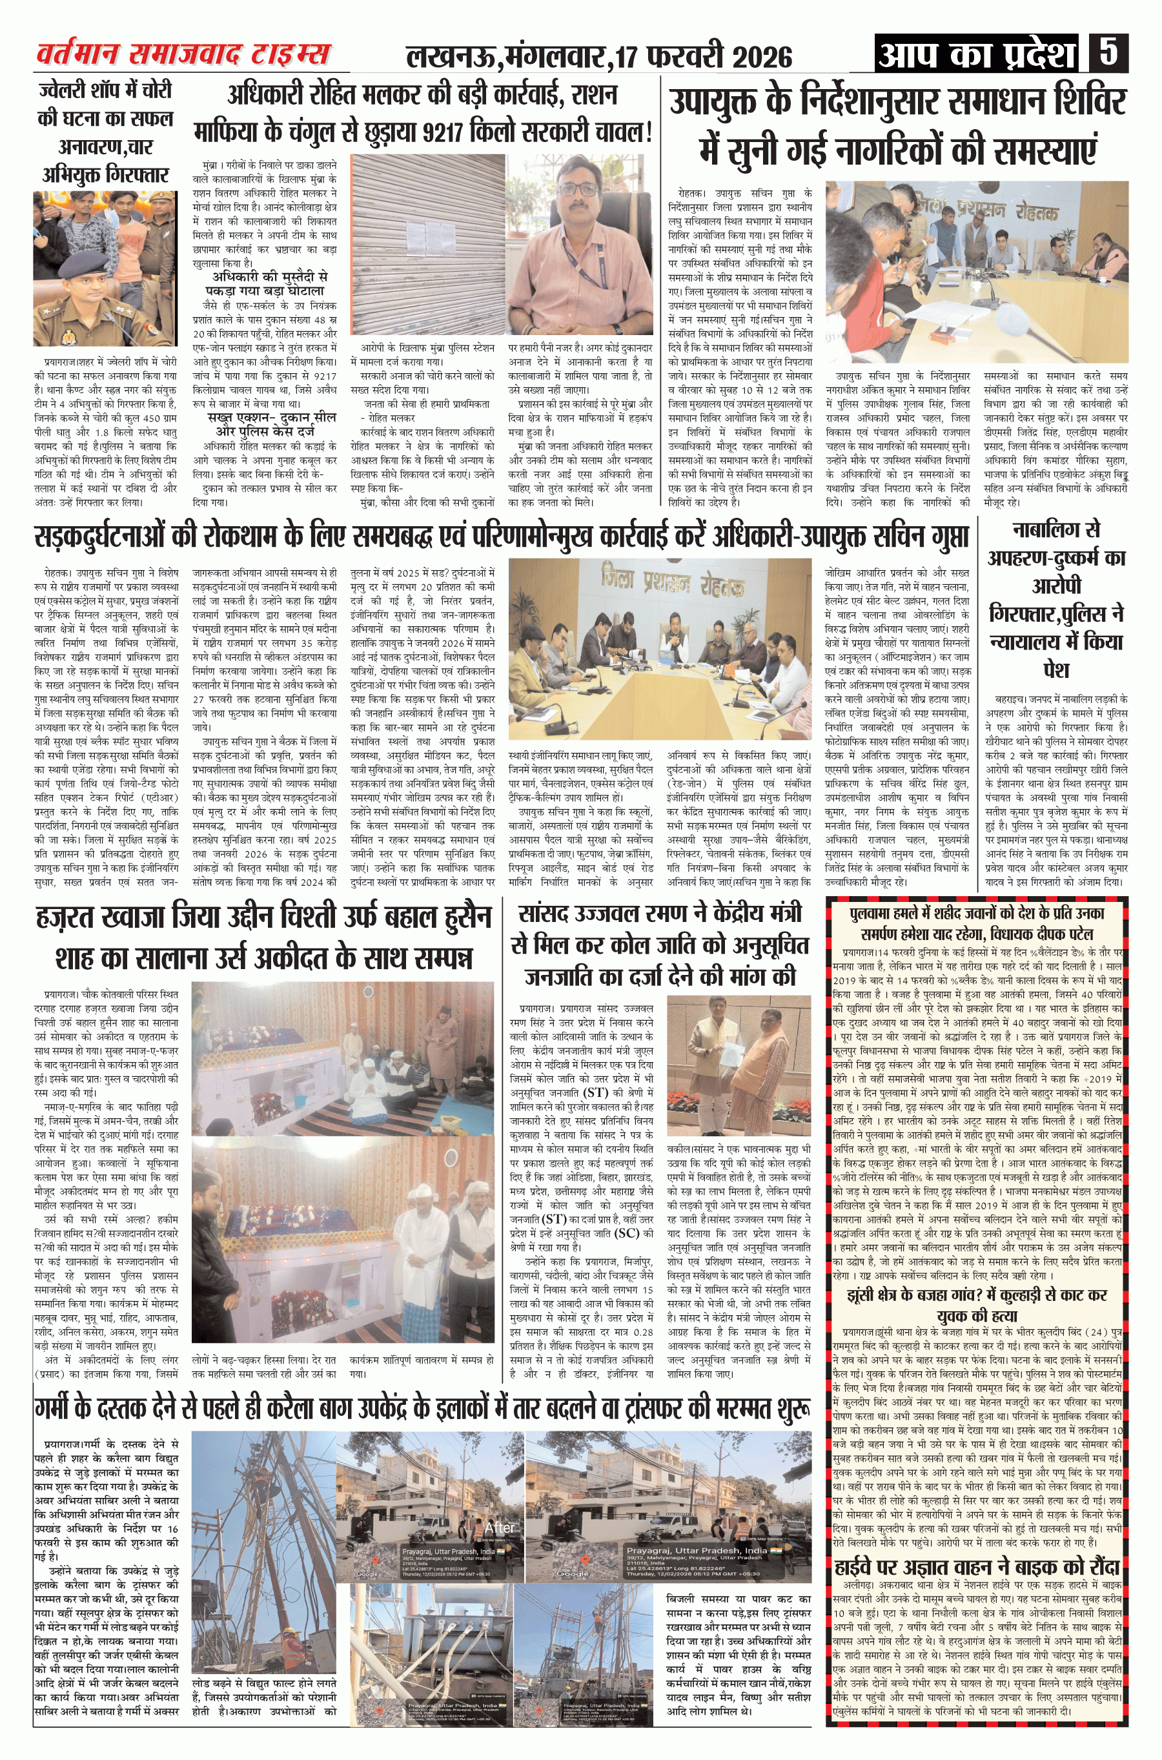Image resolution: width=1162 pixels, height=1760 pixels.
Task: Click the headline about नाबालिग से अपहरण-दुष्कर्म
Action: point(1055,600)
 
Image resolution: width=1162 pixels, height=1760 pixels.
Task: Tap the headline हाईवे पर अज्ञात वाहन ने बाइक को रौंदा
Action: point(976,1566)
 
